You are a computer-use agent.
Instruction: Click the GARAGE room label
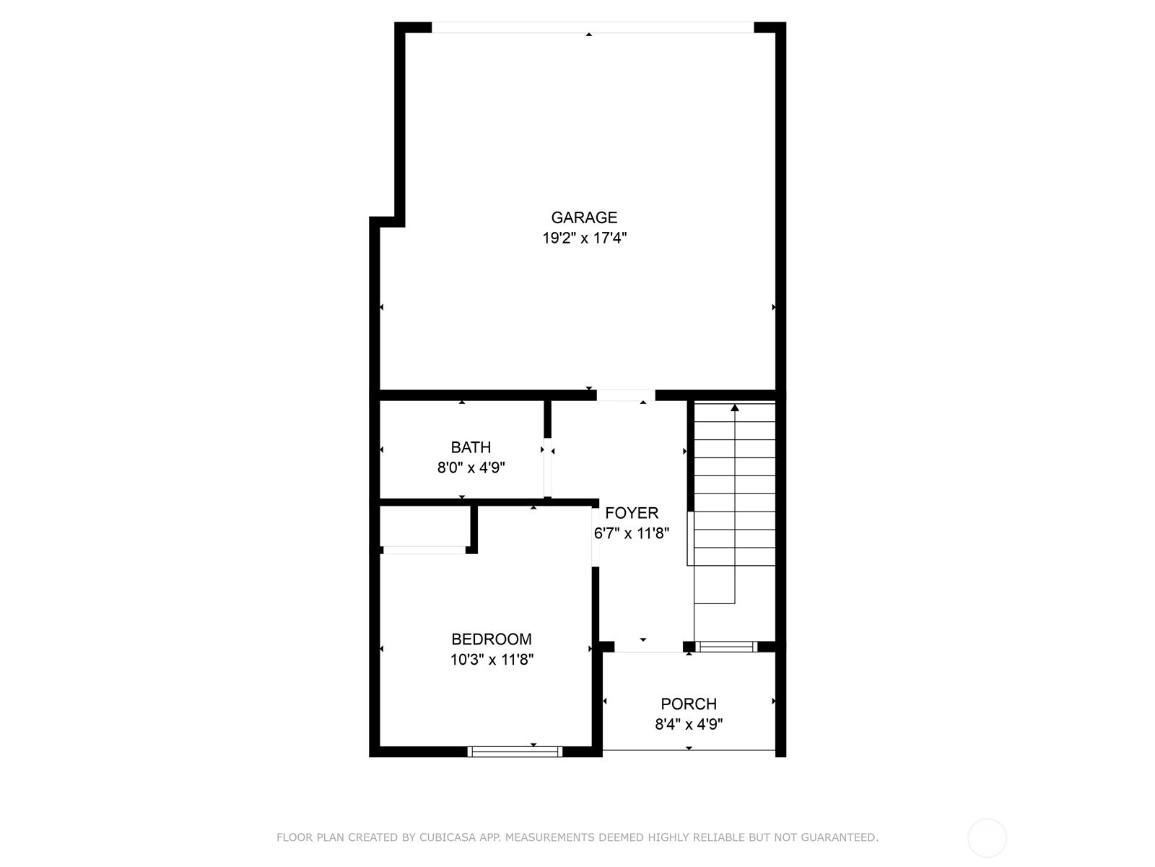click(584, 217)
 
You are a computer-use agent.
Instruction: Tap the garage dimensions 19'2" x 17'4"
click(585, 238)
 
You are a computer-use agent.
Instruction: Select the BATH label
click(471, 447)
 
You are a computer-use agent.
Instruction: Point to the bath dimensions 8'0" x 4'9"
click(471, 467)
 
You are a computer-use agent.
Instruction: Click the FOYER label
click(632, 513)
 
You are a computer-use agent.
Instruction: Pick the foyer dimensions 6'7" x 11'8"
click(632, 534)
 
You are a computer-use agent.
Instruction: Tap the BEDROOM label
click(492, 639)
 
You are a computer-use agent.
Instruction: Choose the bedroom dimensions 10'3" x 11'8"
click(492, 660)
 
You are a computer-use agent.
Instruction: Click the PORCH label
click(689, 704)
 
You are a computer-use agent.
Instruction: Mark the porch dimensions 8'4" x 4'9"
click(689, 725)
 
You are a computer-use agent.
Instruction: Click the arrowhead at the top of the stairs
click(735, 407)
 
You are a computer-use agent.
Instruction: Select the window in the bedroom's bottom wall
click(515, 751)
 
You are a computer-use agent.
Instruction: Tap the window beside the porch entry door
click(726, 647)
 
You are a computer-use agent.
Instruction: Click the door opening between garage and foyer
click(626, 395)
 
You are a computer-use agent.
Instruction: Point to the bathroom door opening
click(548, 467)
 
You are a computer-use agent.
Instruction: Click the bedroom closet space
click(424, 526)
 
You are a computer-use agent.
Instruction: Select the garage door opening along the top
click(593, 27)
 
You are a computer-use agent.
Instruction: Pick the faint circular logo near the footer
click(987, 838)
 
